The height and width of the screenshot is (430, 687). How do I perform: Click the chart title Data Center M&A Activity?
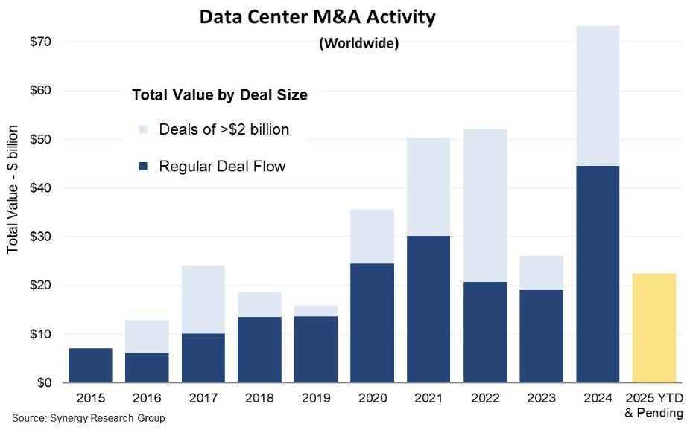(317, 16)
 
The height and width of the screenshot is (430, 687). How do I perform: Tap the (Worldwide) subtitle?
(359, 43)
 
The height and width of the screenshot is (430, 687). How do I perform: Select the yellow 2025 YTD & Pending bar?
(654, 328)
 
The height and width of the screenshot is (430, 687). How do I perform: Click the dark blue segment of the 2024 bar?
(598, 275)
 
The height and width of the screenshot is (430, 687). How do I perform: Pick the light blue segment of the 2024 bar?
(598, 96)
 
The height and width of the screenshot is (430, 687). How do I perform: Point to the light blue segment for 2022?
(485, 205)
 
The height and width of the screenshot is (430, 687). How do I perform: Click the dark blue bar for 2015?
(91, 366)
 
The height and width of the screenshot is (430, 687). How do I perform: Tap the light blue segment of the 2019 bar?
(316, 311)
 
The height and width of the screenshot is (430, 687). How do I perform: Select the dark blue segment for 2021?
(428, 309)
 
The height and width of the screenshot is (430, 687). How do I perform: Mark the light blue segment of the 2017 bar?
(203, 300)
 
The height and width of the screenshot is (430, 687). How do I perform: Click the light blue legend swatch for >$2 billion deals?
(143, 129)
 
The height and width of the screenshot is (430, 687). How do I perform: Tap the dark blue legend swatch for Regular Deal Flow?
(143, 166)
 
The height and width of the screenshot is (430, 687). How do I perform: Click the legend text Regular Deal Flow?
(222, 166)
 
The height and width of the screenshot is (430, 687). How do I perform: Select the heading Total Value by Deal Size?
(220, 95)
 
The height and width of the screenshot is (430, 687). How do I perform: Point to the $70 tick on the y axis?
(40, 42)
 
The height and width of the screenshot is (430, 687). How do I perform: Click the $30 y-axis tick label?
(40, 237)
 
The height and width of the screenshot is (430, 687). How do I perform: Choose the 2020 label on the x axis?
(373, 398)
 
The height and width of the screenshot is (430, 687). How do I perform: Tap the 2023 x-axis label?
(541, 398)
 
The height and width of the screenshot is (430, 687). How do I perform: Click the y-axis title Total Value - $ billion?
(12, 190)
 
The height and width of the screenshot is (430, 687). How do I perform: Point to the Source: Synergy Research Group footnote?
(89, 418)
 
